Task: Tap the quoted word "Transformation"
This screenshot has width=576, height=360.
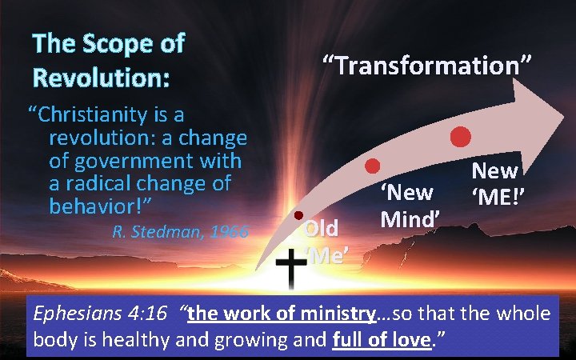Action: pyautogui.click(x=426, y=64)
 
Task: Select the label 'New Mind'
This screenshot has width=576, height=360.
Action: pyautogui.click(x=407, y=205)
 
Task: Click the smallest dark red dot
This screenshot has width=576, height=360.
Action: pyautogui.click(x=298, y=216)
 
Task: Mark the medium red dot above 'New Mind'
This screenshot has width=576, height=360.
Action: pyautogui.click(x=372, y=166)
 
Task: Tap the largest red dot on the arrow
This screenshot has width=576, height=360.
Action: pyautogui.click(x=460, y=136)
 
